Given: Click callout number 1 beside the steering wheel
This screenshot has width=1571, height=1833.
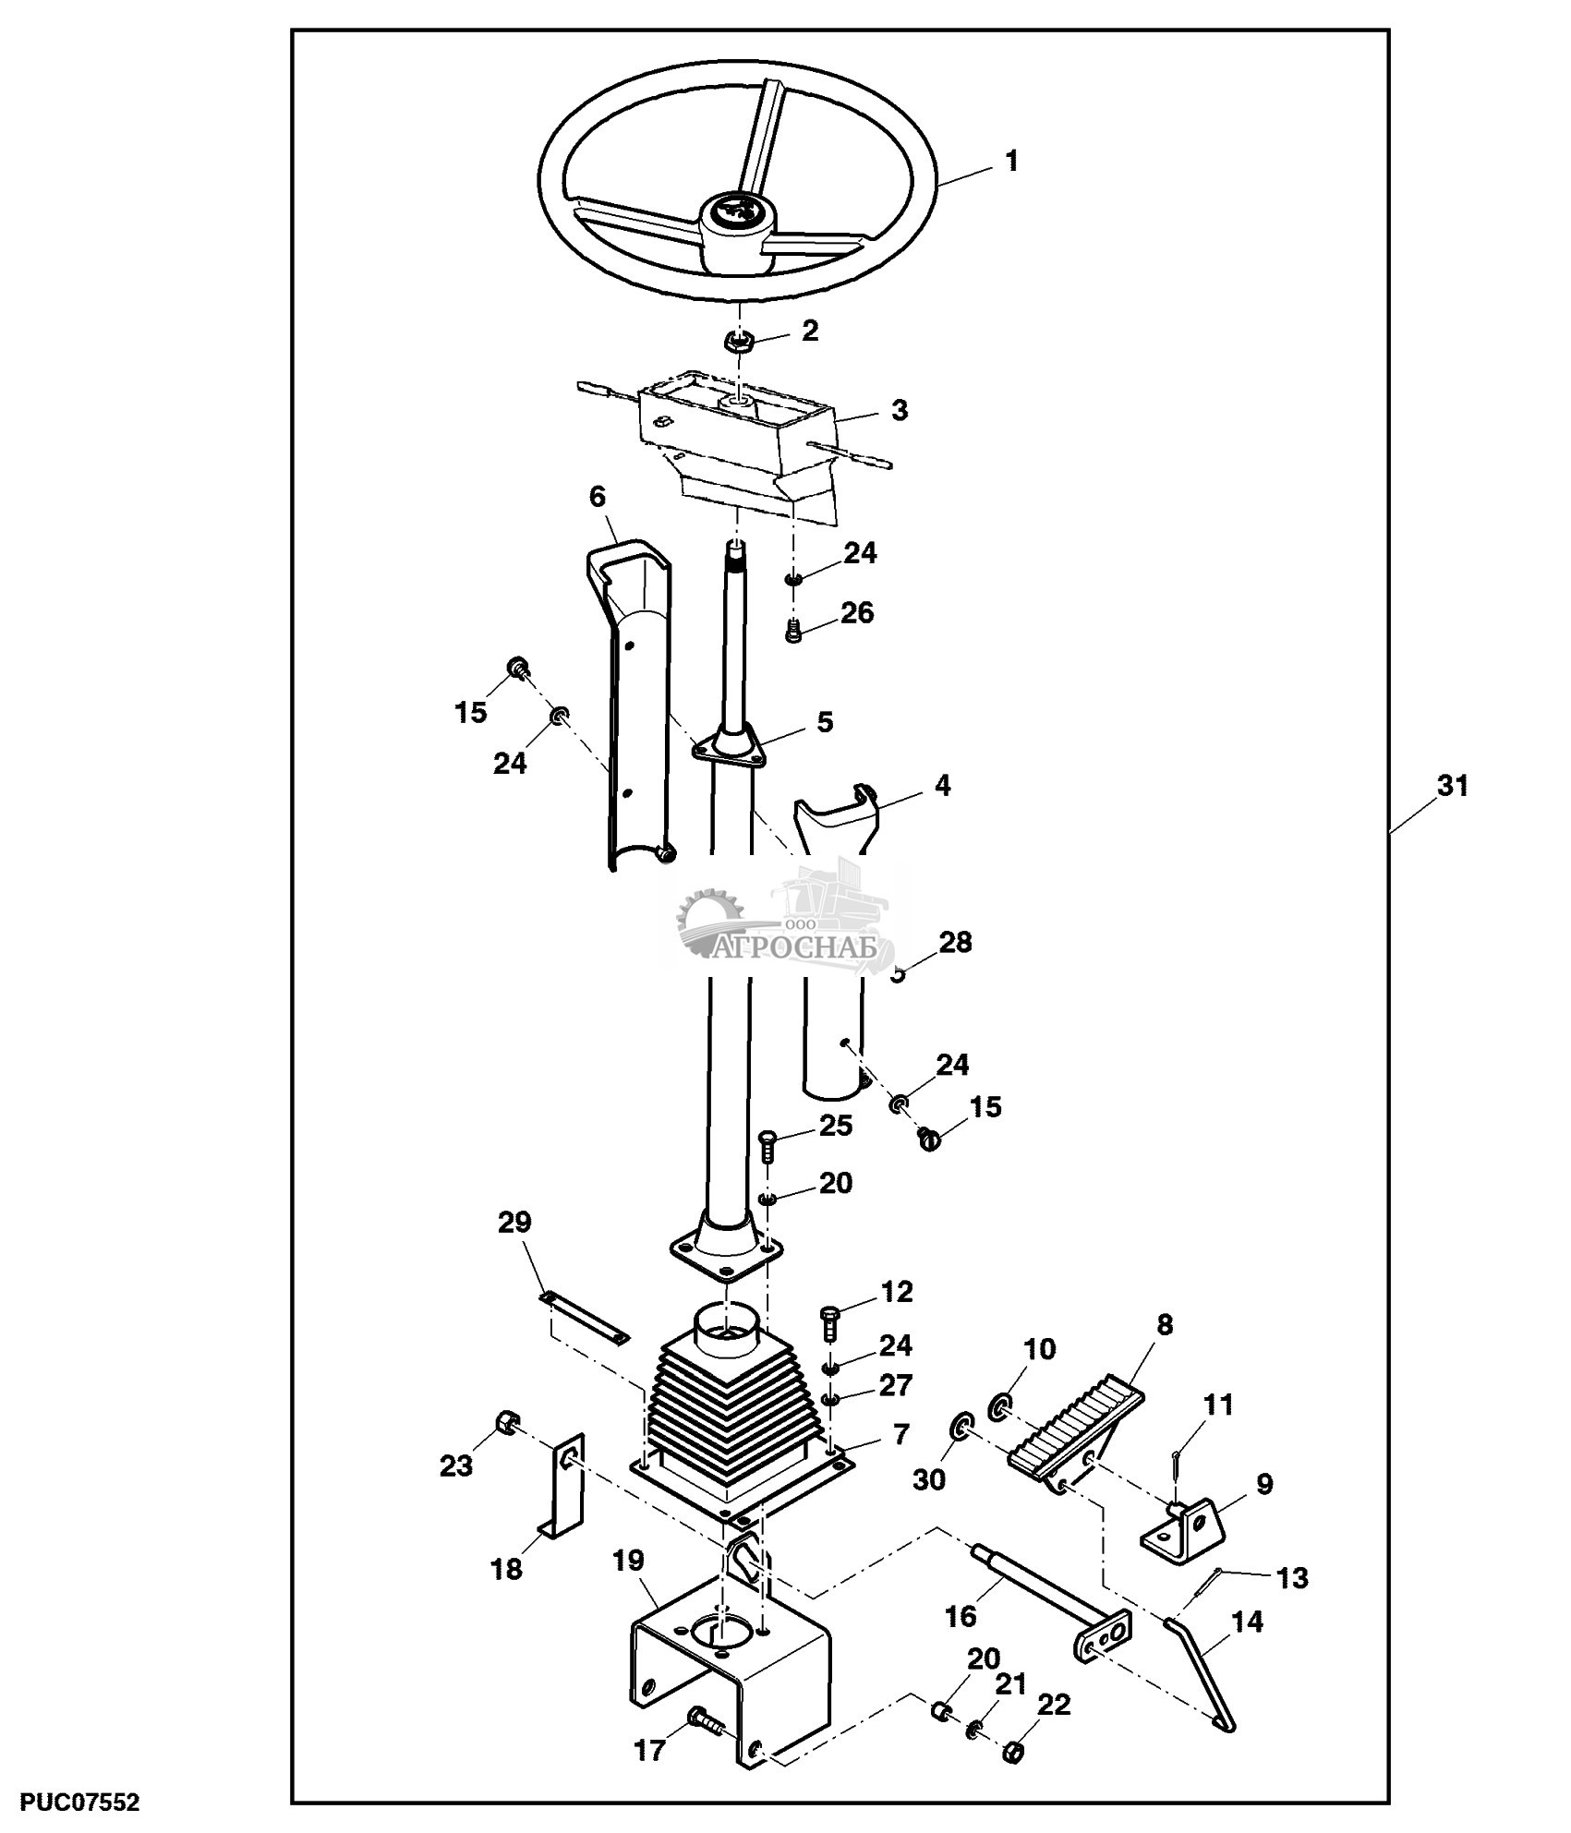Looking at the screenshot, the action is click(x=1011, y=162).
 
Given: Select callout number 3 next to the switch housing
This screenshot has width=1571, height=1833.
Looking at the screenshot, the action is click(x=899, y=409).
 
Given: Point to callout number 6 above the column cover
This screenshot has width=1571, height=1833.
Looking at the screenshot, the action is click(x=598, y=497).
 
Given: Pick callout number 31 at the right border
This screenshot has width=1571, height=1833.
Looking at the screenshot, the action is click(x=1451, y=786).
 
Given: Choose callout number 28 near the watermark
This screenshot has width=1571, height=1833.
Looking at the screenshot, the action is click(x=956, y=943).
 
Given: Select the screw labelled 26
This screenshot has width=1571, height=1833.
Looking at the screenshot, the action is click(x=794, y=633).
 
